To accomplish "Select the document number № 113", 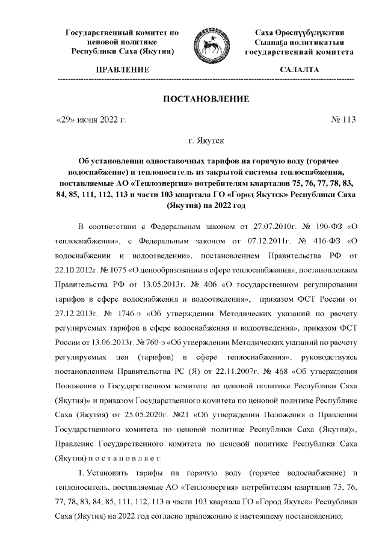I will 343,120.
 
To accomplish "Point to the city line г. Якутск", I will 206,141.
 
